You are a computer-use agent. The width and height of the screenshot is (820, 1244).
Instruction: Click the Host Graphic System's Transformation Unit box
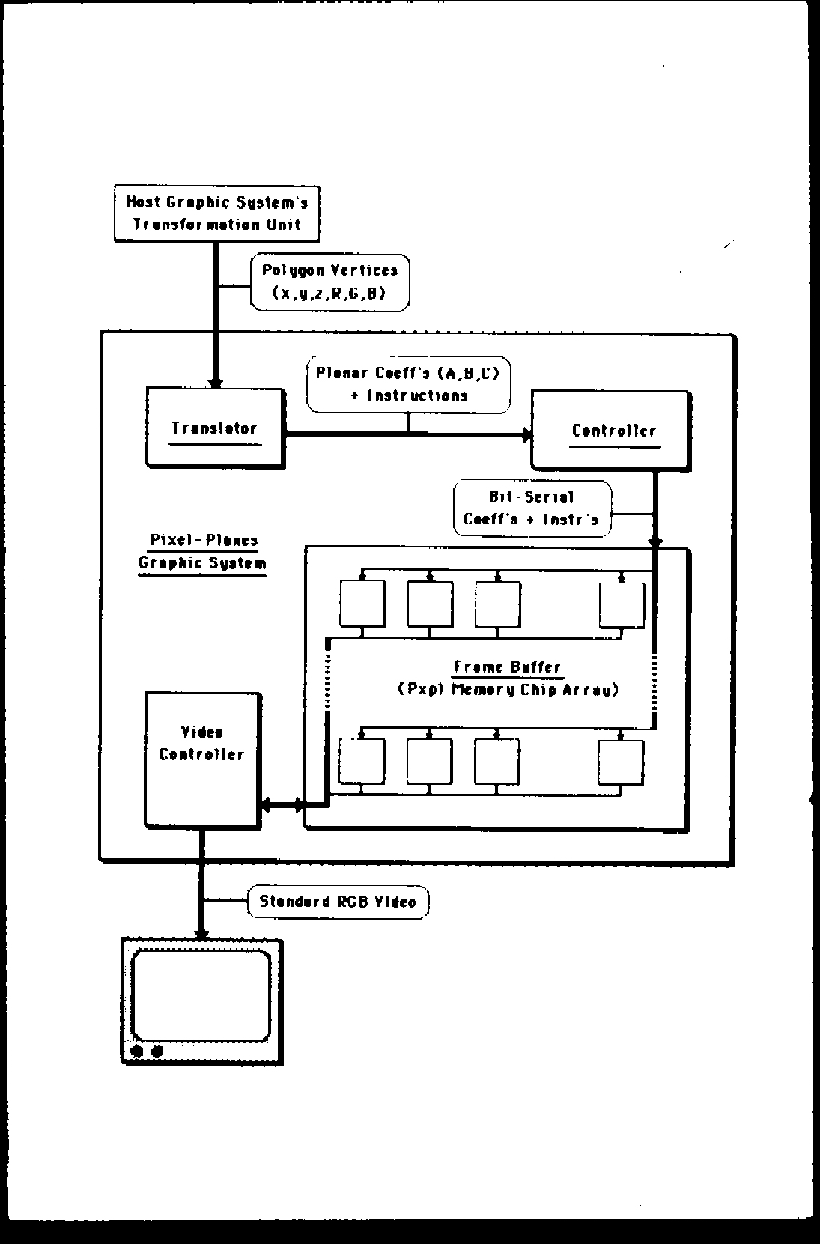[x=216, y=213]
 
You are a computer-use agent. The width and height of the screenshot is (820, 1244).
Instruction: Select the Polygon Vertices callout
[x=329, y=282]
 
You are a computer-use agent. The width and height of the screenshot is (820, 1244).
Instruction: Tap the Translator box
[x=215, y=428]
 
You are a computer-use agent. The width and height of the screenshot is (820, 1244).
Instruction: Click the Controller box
[x=610, y=430]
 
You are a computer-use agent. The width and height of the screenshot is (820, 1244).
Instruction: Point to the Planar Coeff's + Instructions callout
[x=408, y=384]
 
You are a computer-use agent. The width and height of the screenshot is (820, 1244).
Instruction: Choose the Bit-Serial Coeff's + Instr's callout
[x=532, y=508]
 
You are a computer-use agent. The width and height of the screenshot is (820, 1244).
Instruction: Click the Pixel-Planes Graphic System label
[x=203, y=552]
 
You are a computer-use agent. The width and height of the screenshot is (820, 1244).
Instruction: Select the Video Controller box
[x=202, y=759]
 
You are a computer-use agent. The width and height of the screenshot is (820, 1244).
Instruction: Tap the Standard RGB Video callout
[x=338, y=902]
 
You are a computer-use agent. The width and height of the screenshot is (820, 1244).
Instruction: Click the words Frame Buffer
[x=508, y=667]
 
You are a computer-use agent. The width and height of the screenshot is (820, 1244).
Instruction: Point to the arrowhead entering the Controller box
[x=526, y=434]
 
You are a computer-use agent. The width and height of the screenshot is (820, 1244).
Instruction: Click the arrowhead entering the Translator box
[x=215, y=381]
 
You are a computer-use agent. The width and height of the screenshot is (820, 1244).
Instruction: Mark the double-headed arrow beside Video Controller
[x=283, y=806]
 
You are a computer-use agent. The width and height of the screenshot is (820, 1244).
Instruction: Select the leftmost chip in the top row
[x=362, y=604]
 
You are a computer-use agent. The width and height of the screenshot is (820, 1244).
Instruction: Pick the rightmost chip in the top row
[x=621, y=604]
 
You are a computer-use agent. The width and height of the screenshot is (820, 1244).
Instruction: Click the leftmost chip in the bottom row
[x=362, y=761]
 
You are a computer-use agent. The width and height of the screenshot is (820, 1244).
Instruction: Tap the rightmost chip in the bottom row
[x=621, y=762]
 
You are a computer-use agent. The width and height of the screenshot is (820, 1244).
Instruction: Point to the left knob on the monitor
[x=138, y=1051]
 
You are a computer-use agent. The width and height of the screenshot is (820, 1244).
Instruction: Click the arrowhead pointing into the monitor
[x=201, y=933]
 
